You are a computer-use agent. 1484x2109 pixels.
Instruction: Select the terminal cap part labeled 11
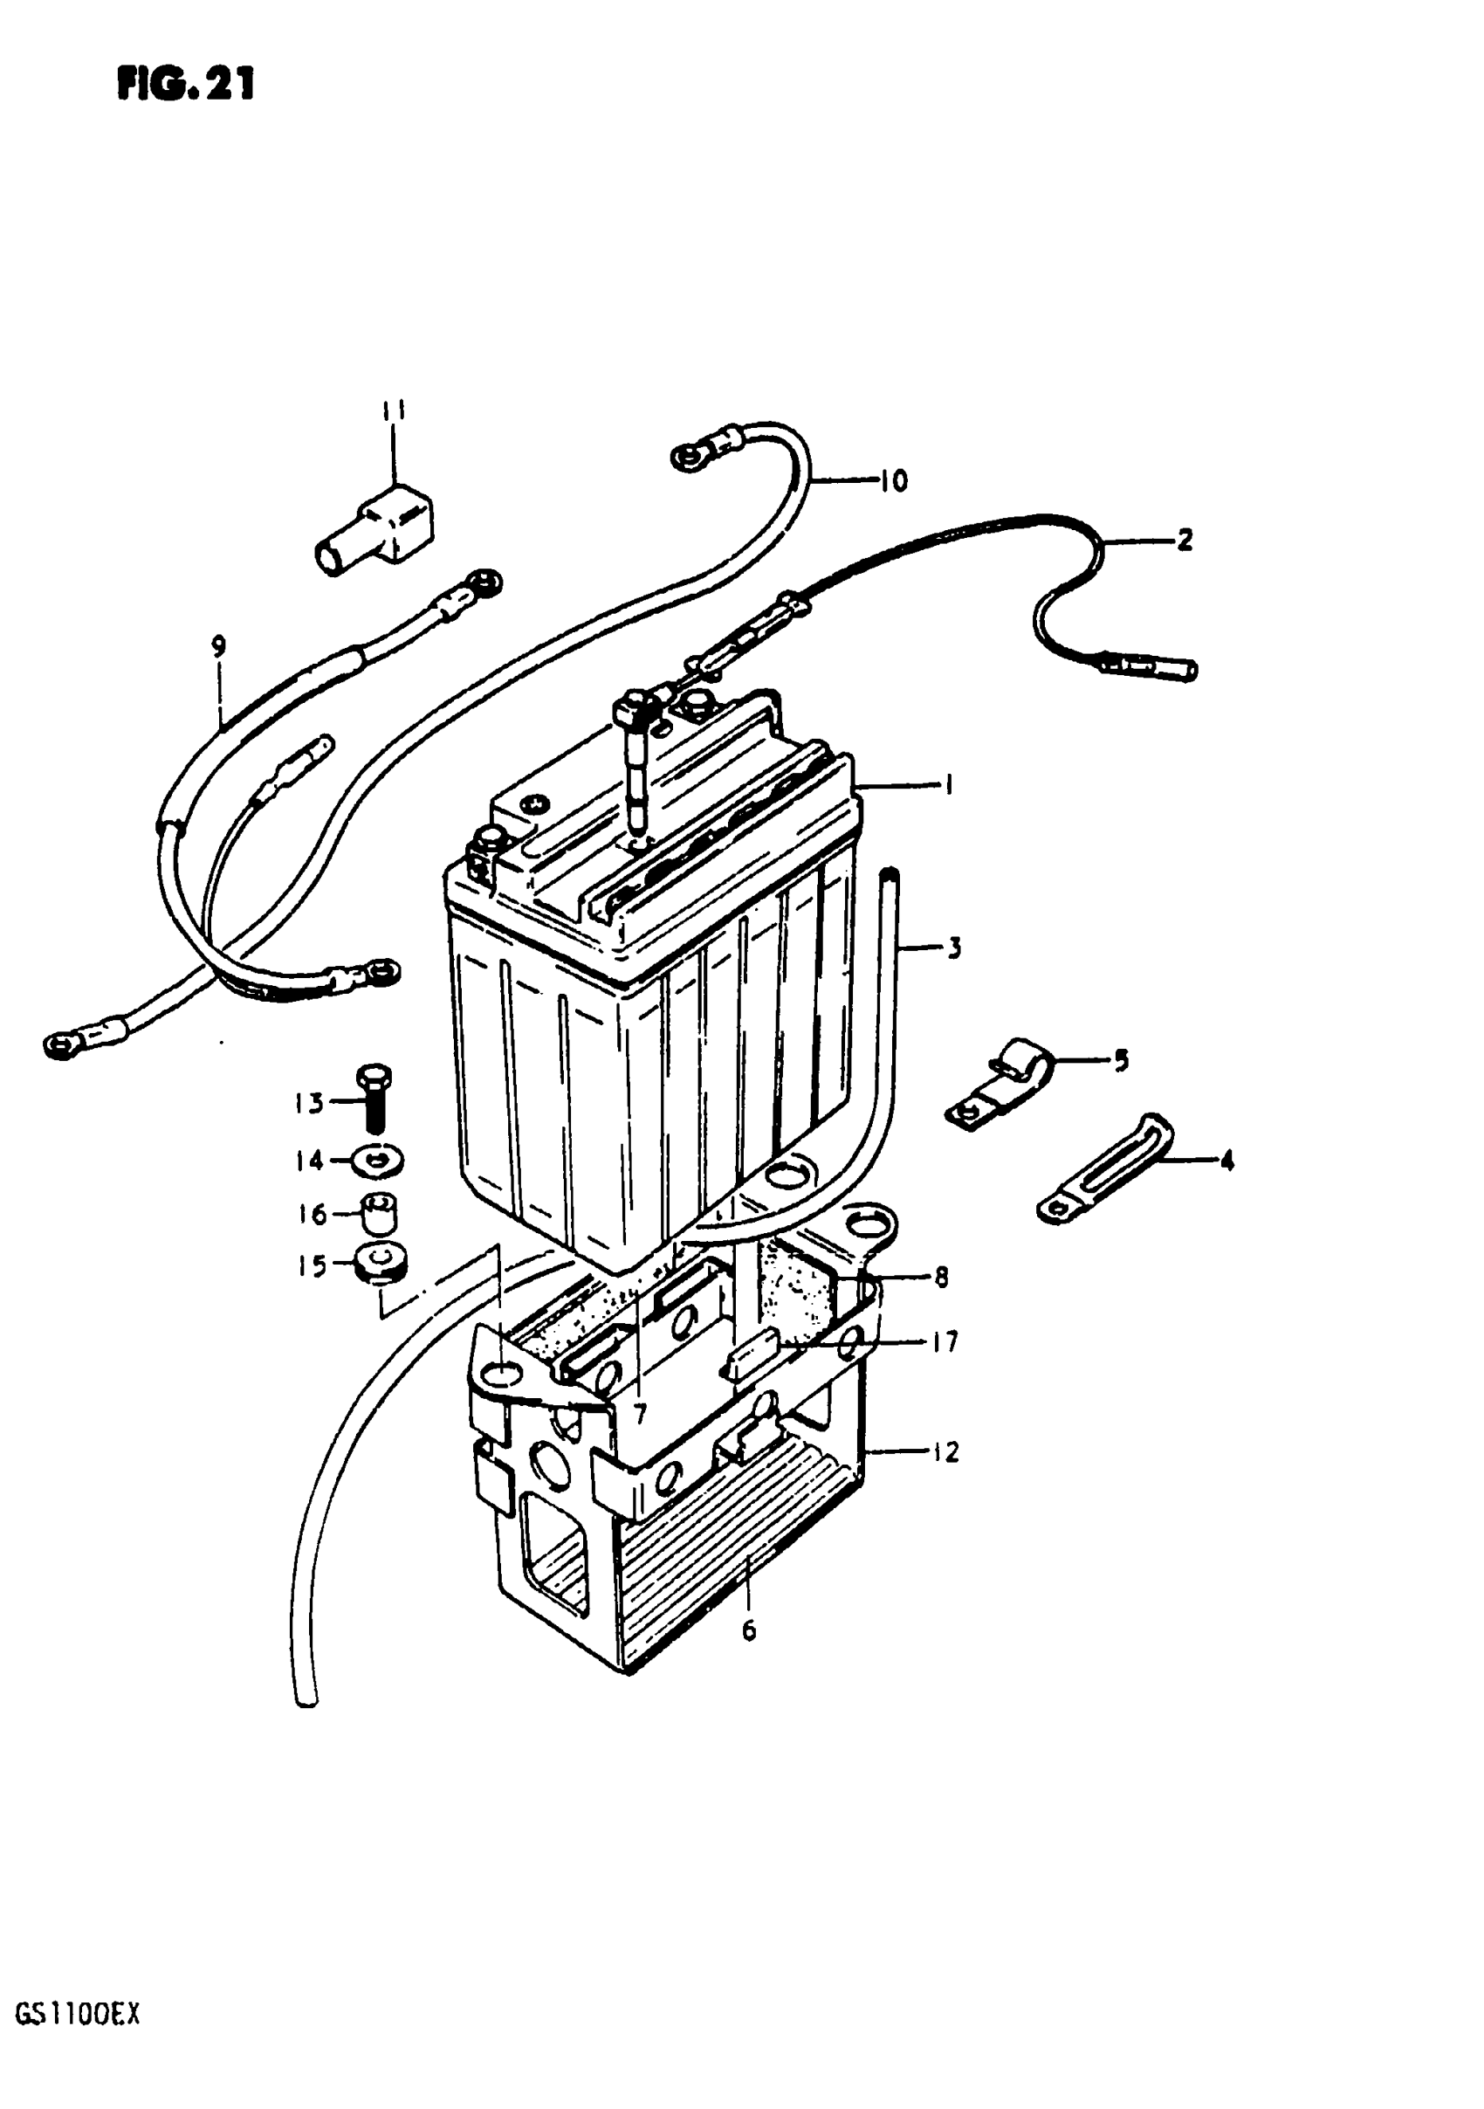tap(376, 529)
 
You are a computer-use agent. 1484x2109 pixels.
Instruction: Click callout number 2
tap(1185, 540)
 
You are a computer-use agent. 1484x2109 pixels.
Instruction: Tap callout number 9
tap(217, 646)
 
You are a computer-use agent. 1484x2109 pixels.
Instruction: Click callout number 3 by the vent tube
tap(955, 948)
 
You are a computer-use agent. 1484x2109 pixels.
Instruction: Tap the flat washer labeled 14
tap(376, 1161)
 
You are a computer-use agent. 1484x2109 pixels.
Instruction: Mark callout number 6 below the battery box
tap(748, 1630)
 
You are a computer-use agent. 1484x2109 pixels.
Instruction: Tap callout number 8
tap(940, 1277)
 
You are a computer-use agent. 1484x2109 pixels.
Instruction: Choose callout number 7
tap(640, 1412)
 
